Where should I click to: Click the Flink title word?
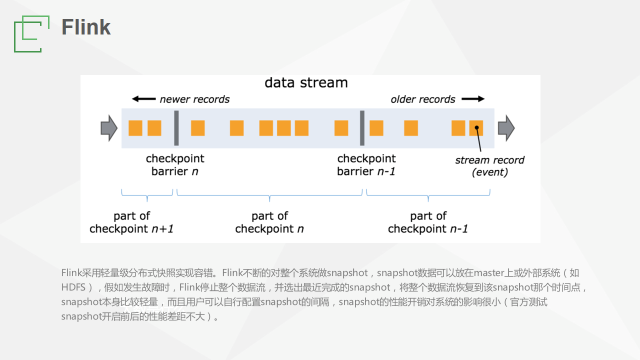tap(86, 27)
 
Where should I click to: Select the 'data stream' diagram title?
tap(306, 83)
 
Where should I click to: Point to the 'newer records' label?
tap(194, 99)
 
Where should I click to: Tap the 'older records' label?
tap(423, 99)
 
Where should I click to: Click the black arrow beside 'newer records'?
tap(143, 99)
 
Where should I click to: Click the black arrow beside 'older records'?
tap(473, 99)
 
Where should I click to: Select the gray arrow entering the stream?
tap(109, 128)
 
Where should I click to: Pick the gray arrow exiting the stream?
tap(506, 128)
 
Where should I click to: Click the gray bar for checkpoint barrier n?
tap(176, 128)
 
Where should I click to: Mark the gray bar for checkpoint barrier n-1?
tap(362, 128)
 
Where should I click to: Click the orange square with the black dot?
tap(476, 128)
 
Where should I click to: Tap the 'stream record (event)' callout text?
tap(489, 166)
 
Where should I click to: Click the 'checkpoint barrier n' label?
tap(175, 165)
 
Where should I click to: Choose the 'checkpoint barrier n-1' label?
tap(366, 165)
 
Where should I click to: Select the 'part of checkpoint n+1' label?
tap(131, 222)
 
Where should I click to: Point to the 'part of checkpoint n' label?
tap(269, 222)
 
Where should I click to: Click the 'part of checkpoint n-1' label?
tap(428, 222)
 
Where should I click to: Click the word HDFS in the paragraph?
tap(73, 287)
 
